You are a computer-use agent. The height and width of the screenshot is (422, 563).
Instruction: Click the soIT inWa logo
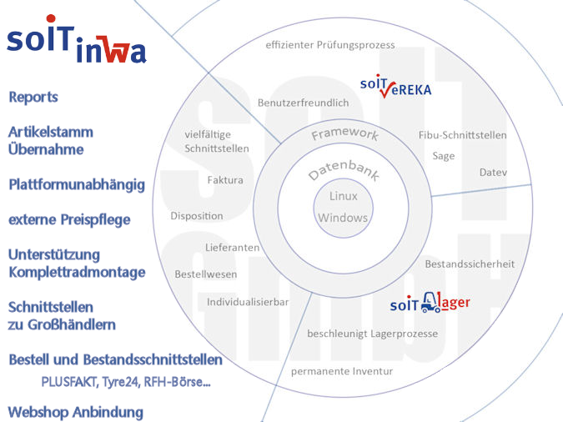pyautogui.click(x=76, y=46)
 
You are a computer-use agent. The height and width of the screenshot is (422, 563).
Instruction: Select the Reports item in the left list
pyautogui.click(x=33, y=97)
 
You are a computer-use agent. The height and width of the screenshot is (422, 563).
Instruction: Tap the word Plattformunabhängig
pyautogui.click(x=77, y=184)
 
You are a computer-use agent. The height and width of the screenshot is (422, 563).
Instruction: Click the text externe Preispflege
pyautogui.click(x=69, y=220)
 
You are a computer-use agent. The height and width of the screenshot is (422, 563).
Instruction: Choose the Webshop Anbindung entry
pyautogui.click(x=75, y=412)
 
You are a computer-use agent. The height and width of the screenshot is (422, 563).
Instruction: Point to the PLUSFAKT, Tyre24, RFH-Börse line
pyautogui.click(x=125, y=381)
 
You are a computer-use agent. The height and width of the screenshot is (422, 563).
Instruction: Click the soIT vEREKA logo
pyautogui.click(x=395, y=87)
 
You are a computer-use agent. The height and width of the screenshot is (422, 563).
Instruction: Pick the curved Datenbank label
pyautogui.click(x=343, y=164)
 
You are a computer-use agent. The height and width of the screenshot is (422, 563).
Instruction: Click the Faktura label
pyautogui.click(x=225, y=179)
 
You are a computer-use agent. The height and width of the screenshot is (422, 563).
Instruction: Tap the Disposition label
pyautogui.click(x=197, y=216)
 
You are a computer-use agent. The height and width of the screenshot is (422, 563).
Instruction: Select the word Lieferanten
pyautogui.click(x=232, y=248)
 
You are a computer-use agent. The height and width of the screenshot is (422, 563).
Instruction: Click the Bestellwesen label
pyautogui.click(x=206, y=274)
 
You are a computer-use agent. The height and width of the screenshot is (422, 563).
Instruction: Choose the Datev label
pyautogui.click(x=493, y=173)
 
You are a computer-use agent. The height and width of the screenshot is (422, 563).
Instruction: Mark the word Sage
pyautogui.click(x=444, y=156)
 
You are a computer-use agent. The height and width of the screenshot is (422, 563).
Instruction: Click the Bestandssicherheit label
pyautogui.click(x=470, y=264)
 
